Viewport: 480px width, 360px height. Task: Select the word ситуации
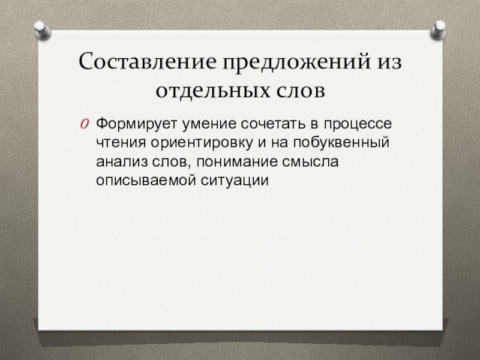228,180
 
